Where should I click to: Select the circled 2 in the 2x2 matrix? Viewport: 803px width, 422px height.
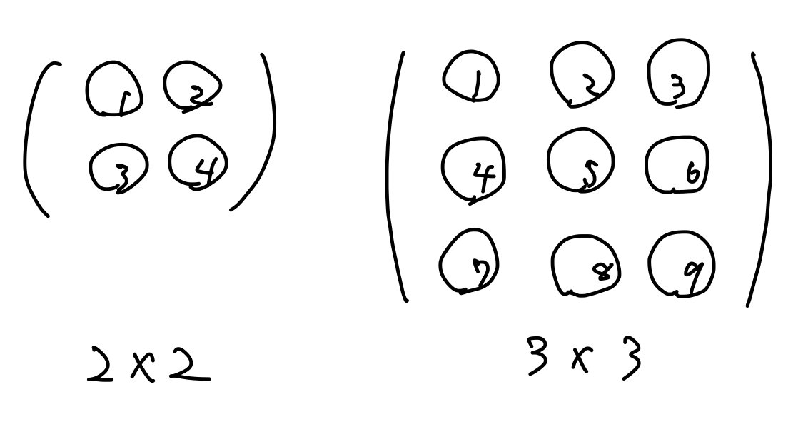click(192, 86)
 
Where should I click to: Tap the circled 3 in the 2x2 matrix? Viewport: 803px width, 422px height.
click(118, 169)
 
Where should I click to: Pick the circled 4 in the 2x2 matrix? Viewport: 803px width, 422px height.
click(198, 163)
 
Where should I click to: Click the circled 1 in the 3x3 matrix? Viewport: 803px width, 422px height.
click(470, 78)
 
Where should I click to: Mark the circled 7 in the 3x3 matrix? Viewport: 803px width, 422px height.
click(468, 261)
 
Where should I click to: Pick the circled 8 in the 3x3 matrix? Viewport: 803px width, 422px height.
click(586, 268)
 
